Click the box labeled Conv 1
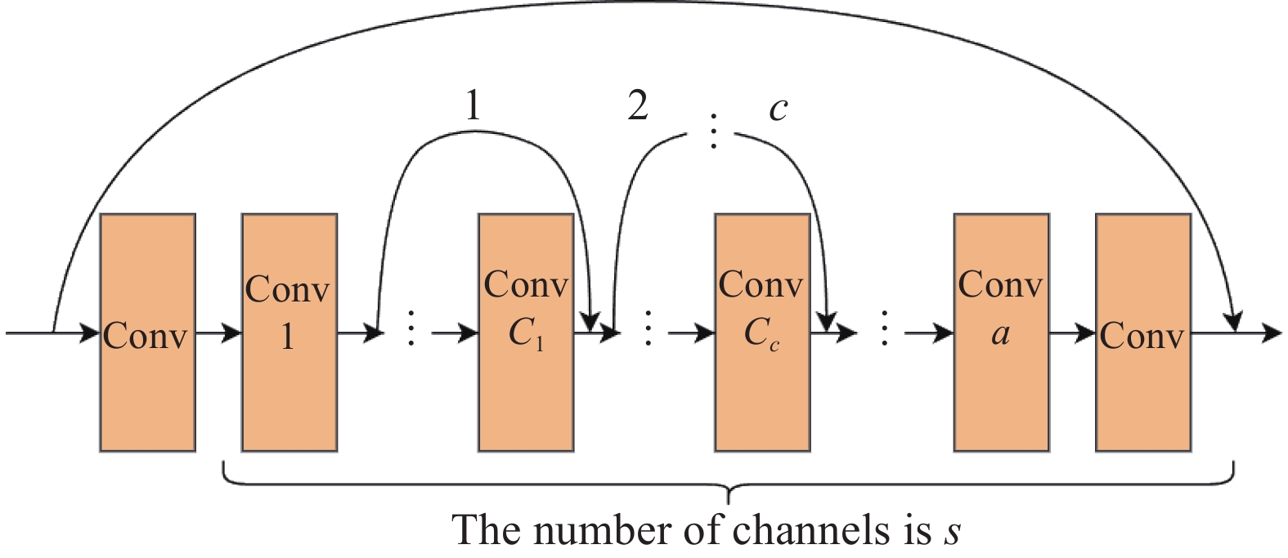[289, 332]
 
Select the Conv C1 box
[526, 332]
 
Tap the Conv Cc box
[762, 332]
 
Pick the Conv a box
[1001, 332]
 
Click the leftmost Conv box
[147, 332]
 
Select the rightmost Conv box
[1142, 332]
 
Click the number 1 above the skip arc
[472, 105]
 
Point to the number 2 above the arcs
[638, 105]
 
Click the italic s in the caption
[951, 532]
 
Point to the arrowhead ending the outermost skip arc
[1233, 320]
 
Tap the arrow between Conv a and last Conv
[1073, 333]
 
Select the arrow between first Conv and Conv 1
[218, 333]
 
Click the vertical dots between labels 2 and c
[714, 131]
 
